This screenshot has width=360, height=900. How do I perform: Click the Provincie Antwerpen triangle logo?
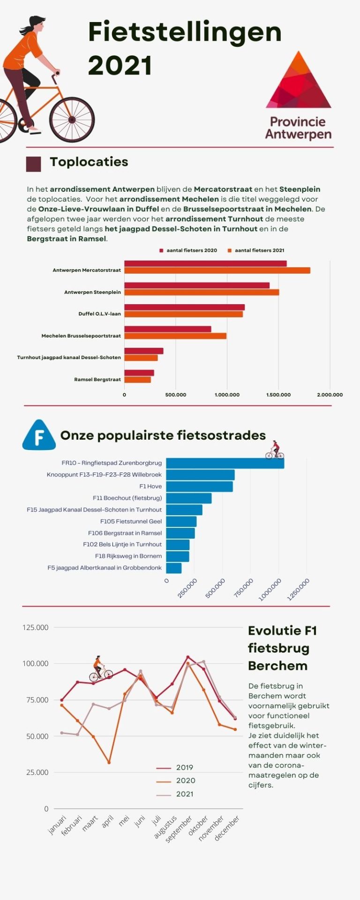[x=299, y=82]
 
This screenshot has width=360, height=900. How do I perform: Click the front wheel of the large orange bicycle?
[x=72, y=120]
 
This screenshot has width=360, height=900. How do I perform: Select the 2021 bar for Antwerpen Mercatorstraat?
[x=217, y=270]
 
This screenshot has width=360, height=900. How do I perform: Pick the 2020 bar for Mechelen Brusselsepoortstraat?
[x=168, y=329]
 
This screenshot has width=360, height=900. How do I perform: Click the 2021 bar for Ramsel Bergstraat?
[x=137, y=380]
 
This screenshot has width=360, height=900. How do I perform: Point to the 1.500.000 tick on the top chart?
[x=278, y=395]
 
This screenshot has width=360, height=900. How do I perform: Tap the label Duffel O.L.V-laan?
[x=99, y=314]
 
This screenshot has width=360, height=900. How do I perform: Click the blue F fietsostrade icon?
[x=38, y=436]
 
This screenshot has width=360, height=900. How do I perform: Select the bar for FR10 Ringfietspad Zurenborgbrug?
[x=225, y=463]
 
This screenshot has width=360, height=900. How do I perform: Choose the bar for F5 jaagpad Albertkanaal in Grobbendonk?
[x=174, y=568]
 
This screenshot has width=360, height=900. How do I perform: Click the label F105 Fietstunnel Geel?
[x=131, y=521]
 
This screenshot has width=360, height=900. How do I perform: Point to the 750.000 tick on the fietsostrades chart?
[x=244, y=588]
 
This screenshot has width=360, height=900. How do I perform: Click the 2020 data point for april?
[x=109, y=763]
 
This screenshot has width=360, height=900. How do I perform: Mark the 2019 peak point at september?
[x=187, y=657]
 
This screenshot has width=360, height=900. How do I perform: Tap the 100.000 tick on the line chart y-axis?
[x=35, y=663]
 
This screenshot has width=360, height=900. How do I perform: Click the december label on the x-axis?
[x=227, y=828]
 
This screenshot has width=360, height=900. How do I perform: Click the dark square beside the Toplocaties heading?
[x=33, y=164]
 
